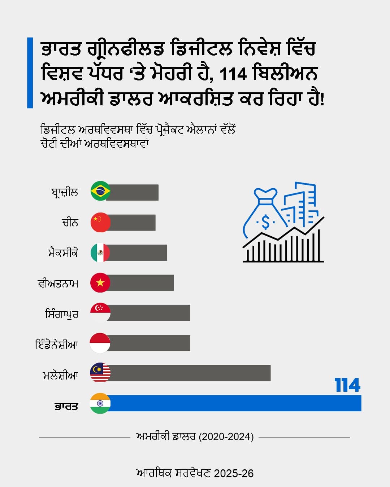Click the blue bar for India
pos(235,403)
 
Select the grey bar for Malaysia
pos(190,373)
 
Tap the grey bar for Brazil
pos(134,192)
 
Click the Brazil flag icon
pos(100,191)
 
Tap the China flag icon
pos(100,222)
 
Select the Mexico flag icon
pos(100,253)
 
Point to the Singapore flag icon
pos(100,312)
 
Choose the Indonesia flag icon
pos(100,343)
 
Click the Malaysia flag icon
pos(100,373)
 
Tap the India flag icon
pos(100,403)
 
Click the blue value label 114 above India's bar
pos(347,385)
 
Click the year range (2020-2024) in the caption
pos(226,437)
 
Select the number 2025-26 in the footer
pos(234,473)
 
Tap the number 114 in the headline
pos(233,74)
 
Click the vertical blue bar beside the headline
pos(30,73)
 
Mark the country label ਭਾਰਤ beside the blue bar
pos(66,406)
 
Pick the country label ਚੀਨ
pos(70,222)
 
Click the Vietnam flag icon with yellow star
pos(100,282)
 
